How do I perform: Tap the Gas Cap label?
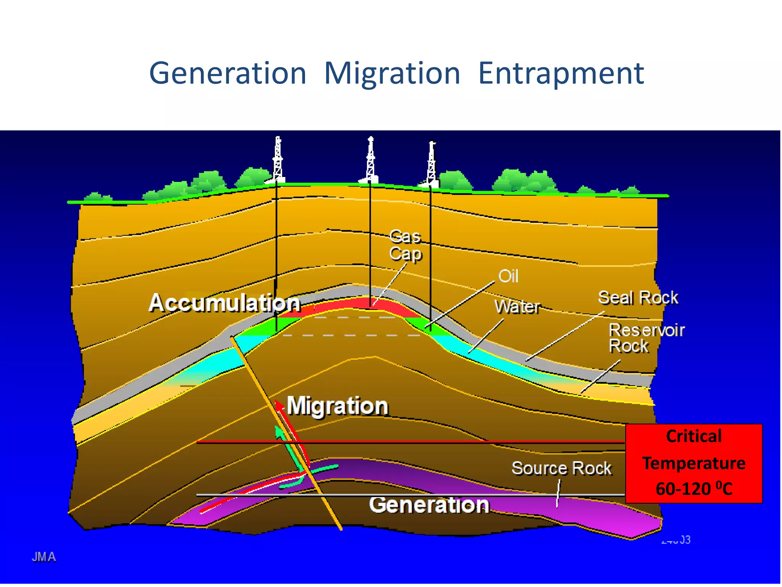pos(406,245)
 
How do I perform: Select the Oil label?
pos(508,276)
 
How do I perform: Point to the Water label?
pos(517,306)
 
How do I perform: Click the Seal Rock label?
pos(638,298)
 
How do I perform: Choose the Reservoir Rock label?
pos(646,338)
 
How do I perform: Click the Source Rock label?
pos(561,468)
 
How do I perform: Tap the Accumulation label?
pos(225,303)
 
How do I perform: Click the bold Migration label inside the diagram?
pos(338,405)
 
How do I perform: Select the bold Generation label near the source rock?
pos(429,504)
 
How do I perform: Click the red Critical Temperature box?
pos(693,463)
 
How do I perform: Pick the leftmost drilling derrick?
pos(278,160)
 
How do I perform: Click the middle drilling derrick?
pos(370,160)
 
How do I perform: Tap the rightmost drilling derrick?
pos(431,164)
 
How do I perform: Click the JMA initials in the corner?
pos(44,557)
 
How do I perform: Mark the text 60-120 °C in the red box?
pos(693,489)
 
